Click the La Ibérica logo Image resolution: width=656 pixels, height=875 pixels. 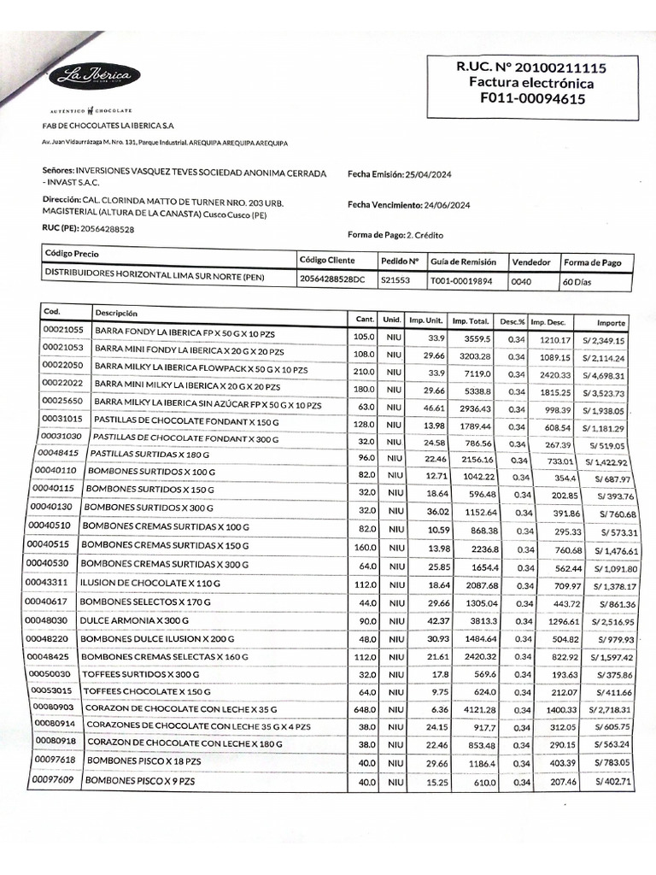94,77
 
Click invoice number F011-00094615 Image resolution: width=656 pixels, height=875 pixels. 526,99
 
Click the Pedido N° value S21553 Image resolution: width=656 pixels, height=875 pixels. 395,279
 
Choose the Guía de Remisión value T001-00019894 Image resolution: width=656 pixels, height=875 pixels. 461,279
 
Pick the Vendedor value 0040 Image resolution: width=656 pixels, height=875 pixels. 522,280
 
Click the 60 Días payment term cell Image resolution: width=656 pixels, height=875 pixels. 577,281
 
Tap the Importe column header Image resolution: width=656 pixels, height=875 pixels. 611,323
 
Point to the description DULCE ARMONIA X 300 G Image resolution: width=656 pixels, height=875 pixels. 134,620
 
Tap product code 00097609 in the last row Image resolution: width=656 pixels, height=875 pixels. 52,780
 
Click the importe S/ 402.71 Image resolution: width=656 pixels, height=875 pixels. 613,782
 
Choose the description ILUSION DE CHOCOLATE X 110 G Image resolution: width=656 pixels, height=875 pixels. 149,583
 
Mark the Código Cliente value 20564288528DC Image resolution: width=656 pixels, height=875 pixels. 333,279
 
